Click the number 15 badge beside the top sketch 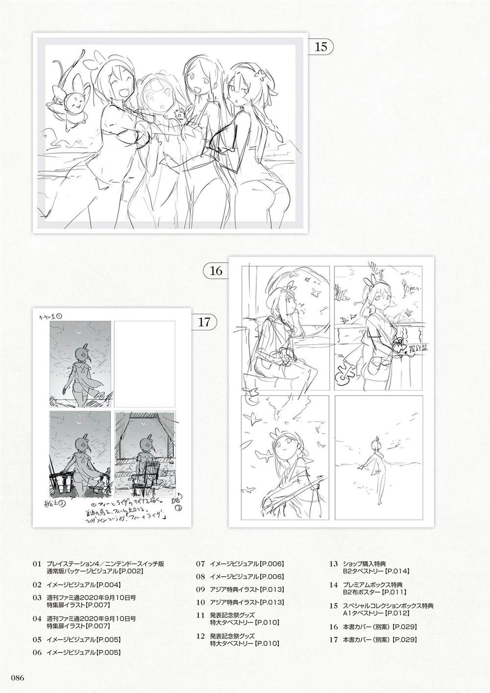coord(320,47)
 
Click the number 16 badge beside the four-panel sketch coord(216,271)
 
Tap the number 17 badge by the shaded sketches coord(204,322)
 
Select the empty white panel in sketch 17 coord(145,363)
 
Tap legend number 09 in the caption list coord(200,590)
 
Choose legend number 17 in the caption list coord(334,639)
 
